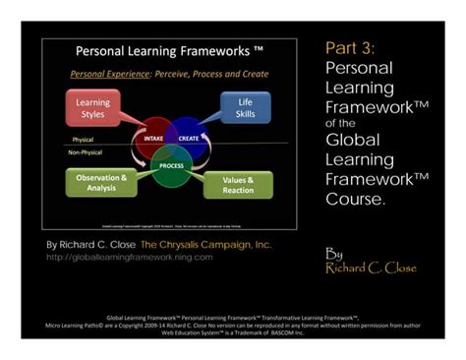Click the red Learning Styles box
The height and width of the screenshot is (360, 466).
[x=93, y=107]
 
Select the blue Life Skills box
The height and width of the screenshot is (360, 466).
[x=244, y=107]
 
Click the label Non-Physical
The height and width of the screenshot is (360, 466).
[x=86, y=152]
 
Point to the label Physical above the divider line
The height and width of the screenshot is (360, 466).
[x=82, y=140]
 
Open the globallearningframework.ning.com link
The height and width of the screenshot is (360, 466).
[x=129, y=257]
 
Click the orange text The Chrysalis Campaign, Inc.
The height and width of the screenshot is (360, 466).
[x=205, y=244]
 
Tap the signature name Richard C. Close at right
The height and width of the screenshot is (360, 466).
[x=371, y=268]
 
